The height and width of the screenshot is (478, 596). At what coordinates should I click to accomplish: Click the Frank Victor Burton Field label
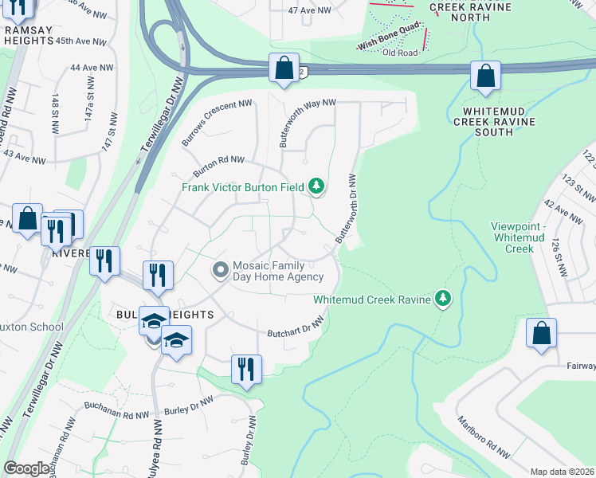[x=243, y=187]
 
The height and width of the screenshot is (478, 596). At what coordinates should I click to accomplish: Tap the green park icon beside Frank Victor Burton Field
[x=317, y=186]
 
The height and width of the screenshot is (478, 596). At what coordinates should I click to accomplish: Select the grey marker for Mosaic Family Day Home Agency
[x=220, y=271]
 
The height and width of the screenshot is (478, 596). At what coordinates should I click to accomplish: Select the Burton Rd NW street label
[x=218, y=166]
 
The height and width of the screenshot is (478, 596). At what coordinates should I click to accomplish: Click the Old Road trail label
[x=400, y=53]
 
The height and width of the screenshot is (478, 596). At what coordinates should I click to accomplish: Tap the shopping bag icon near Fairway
[x=541, y=335]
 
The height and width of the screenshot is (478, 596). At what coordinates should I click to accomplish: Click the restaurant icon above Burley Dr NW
[x=245, y=369]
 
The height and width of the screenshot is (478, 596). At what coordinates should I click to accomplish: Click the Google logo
[x=26, y=468]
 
